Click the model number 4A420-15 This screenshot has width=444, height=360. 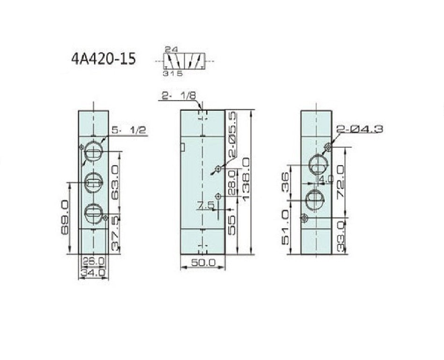[103, 59]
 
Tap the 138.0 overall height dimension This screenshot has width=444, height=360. [246, 179]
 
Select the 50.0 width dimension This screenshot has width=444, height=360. [203, 262]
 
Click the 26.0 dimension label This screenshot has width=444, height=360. [93, 260]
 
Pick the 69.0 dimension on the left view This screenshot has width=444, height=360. [64, 217]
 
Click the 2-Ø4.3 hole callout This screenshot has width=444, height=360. [359, 129]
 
